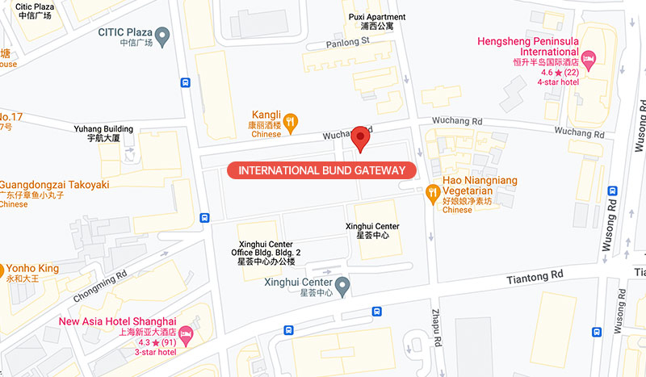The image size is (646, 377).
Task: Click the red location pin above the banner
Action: (x=360, y=137)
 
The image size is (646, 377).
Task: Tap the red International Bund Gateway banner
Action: (x=321, y=170)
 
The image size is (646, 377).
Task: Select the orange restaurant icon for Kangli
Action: (x=292, y=123)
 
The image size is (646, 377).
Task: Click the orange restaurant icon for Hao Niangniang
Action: (x=431, y=191)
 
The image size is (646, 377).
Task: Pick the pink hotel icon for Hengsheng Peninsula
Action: (x=589, y=57)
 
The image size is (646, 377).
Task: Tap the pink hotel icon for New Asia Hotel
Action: (x=187, y=333)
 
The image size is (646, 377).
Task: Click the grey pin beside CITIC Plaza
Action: (x=163, y=35)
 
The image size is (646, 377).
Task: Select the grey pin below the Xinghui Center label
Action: (x=342, y=284)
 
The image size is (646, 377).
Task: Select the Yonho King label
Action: (x=32, y=269)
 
